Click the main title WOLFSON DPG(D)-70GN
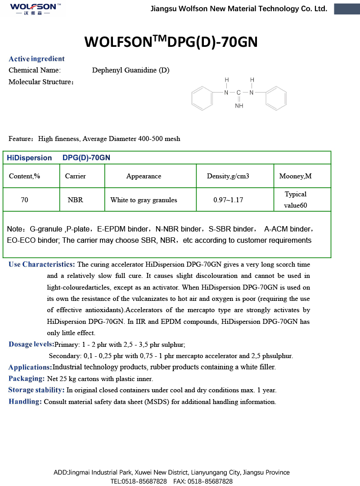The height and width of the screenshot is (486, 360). point(171,42)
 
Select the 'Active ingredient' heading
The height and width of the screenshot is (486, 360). point(36,59)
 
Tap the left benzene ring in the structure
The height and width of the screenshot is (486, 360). point(202,98)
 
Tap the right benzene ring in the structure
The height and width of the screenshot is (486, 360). point(276,98)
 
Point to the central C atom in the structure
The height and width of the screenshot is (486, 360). point(239,93)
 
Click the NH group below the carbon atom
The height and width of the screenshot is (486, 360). point(239,106)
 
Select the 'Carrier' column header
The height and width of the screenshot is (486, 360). point(75,176)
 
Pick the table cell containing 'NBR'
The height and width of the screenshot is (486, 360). point(75,200)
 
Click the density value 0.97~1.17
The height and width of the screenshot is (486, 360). point(228,200)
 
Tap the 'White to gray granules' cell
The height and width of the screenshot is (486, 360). point(144,200)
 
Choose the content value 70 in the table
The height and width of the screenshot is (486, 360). point(24,200)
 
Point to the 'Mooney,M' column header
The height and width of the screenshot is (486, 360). point(295,176)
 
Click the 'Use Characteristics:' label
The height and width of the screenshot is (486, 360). point(42,264)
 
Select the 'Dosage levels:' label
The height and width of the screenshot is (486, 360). point(31,345)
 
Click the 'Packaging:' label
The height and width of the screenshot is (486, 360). point(27,379)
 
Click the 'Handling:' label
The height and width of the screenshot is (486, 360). point(25,402)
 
